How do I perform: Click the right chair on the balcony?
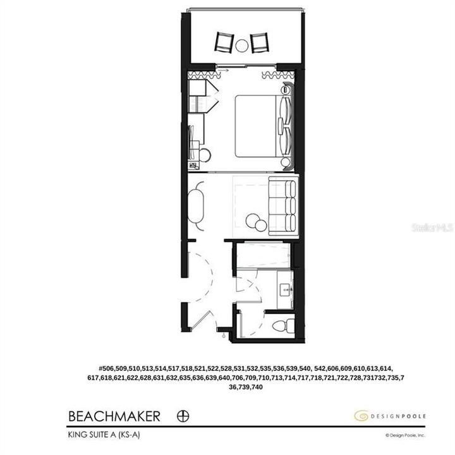259,43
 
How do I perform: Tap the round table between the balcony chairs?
242,45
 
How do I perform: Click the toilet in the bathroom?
282,326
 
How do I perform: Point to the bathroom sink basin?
284,290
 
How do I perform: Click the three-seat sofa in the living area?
282,205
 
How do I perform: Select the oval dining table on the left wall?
197,206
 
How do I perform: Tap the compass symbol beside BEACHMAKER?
184,416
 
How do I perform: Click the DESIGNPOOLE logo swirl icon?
361,416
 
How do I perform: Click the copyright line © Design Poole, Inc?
406,435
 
